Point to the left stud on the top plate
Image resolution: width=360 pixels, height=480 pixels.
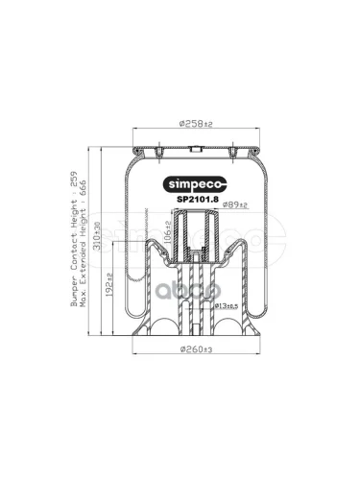tap(155, 148)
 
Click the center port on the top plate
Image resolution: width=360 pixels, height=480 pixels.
tap(195, 148)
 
